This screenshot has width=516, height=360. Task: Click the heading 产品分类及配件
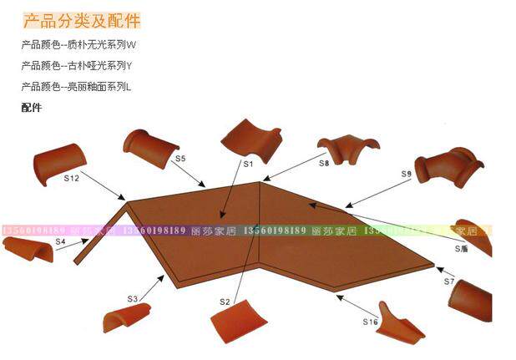[x=82, y=21]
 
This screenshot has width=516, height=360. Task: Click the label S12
[x=71, y=178]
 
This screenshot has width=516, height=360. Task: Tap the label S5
[x=180, y=158]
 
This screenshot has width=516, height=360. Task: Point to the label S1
[x=248, y=165]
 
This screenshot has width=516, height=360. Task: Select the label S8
[x=324, y=164]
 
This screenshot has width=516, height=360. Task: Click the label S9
[x=407, y=174]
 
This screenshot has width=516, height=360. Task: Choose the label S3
[x=132, y=298]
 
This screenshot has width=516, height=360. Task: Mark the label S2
[x=225, y=302]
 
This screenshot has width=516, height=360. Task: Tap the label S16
[x=371, y=322]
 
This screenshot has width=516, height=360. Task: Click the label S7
[x=449, y=281]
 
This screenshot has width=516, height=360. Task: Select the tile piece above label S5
[x=151, y=146]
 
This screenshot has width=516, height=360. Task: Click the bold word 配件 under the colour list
[x=32, y=107]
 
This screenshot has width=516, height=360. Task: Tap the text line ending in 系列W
[x=78, y=44]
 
